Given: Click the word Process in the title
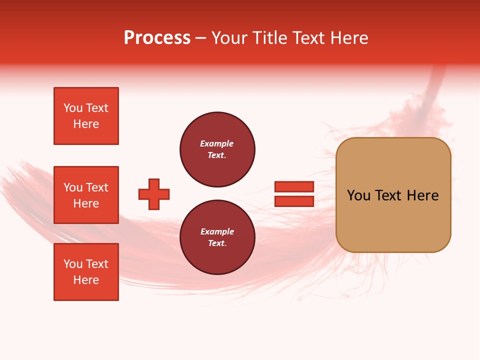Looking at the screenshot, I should (157, 38).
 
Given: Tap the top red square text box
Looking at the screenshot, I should (86, 116).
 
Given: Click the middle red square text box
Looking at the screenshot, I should (86, 195).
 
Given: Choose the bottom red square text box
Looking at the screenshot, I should (86, 272).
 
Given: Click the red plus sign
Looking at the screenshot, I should (154, 194).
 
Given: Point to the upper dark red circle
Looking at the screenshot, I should (217, 149).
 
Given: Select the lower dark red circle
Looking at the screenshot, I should (217, 237).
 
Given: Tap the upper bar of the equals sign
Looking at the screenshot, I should (294, 187).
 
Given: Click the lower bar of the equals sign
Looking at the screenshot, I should (294, 201).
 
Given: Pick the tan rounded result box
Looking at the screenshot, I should (393, 194).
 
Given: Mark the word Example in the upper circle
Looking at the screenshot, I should (217, 143).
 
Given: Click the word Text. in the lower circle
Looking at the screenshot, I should (217, 243).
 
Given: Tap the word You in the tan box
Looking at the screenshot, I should (358, 195).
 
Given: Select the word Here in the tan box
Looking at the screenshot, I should (422, 195).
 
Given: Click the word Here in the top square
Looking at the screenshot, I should (86, 124).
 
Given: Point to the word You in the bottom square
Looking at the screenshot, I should (73, 264).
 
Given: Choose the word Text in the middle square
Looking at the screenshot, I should (97, 187).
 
